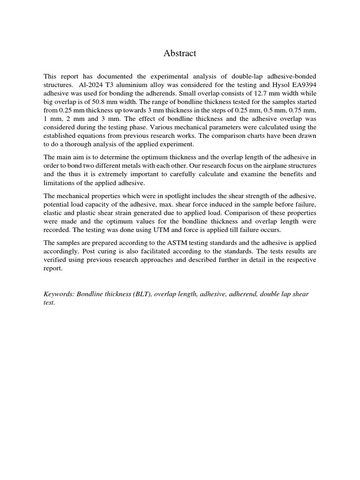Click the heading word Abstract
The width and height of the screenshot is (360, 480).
click(180, 53)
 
